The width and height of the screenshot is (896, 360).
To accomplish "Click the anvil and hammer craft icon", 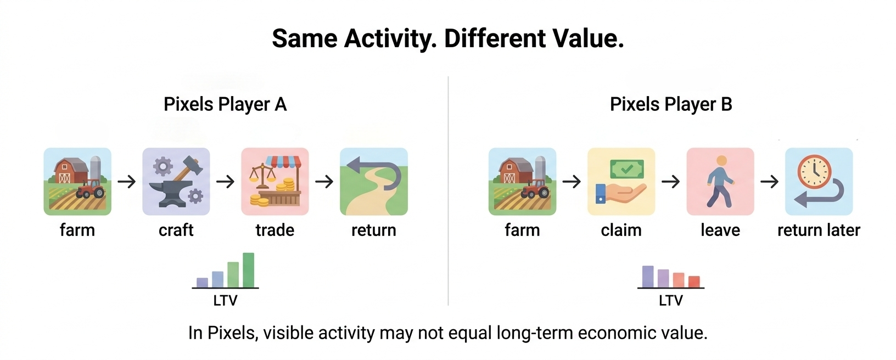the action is (x=176, y=182).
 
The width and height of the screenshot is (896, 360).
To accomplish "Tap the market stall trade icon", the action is (x=275, y=182).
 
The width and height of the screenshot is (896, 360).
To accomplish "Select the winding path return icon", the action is (x=374, y=182).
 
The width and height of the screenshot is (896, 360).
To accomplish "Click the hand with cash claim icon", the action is (x=621, y=182).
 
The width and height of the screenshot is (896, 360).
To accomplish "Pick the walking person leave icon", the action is (x=720, y=182).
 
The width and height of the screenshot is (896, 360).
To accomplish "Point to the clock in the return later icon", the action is (x=814, y=172).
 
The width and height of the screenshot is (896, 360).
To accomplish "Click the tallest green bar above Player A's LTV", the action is (x=248, y=270).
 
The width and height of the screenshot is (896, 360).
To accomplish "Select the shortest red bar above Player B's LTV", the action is (x=694, y=282).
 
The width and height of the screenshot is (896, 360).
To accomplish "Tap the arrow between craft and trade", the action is (x=225, y=182).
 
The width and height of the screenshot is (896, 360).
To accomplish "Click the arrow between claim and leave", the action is (x=671, y=182).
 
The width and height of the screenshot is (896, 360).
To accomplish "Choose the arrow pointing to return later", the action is (x=770, y=182).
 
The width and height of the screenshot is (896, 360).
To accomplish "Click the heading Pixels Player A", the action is (x=225, y=104).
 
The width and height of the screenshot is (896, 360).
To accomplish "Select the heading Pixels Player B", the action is (x=671, y=104).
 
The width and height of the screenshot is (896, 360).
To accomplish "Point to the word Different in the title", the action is (x=495, y=38).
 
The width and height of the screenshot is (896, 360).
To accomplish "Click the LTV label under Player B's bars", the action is (x=671, y=300).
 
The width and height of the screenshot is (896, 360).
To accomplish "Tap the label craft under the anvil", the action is (x=176, y=230).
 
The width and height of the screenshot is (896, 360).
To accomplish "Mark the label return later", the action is (x=819, y=230).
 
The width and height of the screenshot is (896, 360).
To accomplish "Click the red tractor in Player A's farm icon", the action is (x=91, y=188).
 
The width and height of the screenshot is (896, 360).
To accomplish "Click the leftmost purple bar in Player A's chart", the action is (x=203, y=283).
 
